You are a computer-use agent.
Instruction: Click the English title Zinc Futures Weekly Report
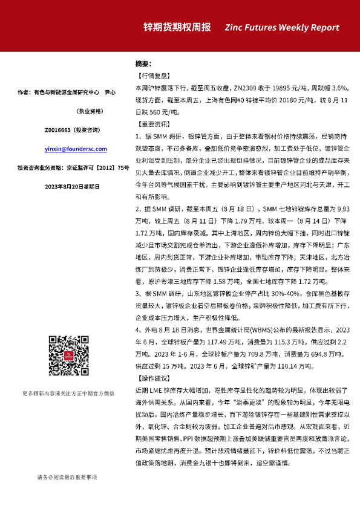[290, 28]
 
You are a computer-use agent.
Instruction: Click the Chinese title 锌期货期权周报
[177, 28]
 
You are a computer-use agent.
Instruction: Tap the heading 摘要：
[143, 64]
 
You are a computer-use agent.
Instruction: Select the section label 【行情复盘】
[151, 76]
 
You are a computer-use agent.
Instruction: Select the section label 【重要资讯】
[151, 124]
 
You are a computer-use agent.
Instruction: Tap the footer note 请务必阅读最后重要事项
[67, 477]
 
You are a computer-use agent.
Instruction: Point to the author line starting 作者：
[67, 92]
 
